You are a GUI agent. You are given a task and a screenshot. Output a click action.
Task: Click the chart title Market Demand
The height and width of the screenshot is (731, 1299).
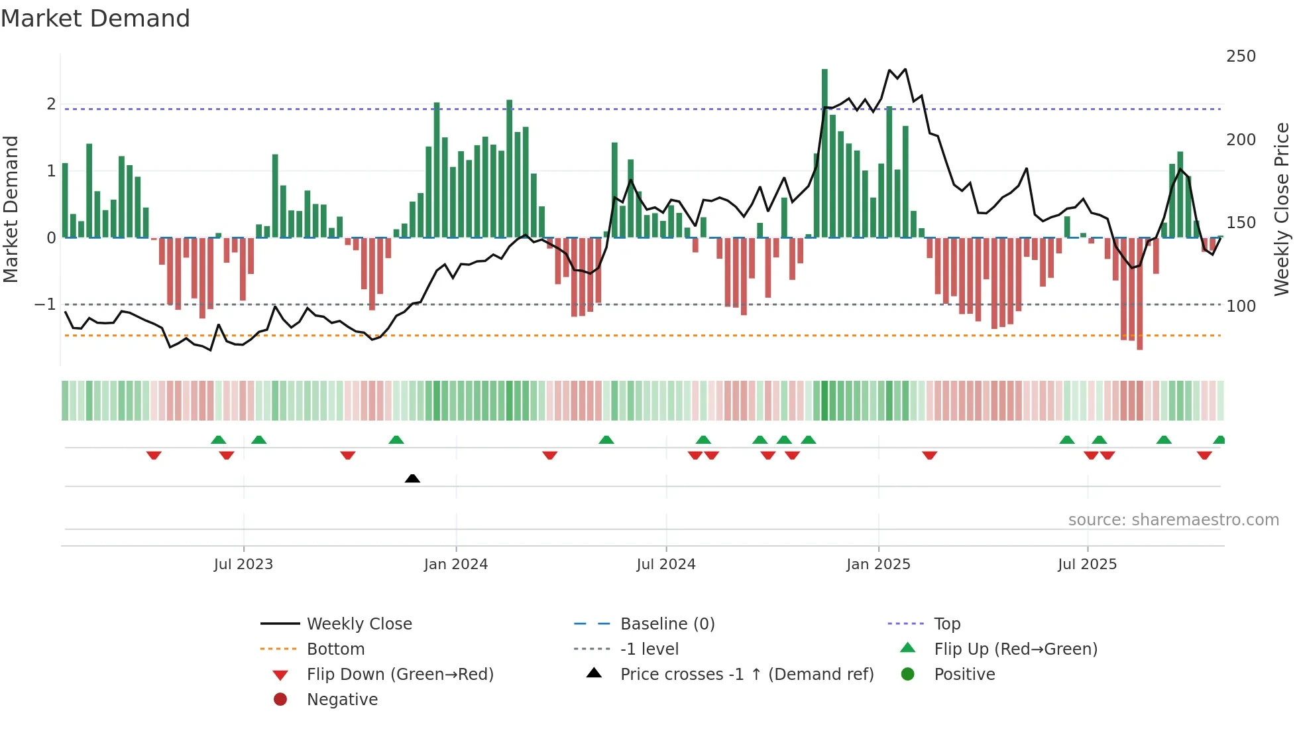(95, 19)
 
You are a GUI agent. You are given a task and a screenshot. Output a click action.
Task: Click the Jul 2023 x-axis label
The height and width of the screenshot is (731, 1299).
(243, 565)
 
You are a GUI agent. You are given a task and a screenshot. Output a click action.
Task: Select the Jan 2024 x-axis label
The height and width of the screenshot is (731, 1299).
(456, 565)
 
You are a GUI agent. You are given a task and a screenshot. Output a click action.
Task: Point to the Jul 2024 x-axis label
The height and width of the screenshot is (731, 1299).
(666, 565)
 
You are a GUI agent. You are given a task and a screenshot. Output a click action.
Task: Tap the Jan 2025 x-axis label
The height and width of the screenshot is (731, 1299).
(878, 565)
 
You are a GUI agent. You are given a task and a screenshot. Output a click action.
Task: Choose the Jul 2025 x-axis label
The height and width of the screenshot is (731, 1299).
(1087, 565)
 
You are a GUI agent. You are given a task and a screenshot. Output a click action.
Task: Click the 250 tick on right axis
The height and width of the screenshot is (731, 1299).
(1241, 56)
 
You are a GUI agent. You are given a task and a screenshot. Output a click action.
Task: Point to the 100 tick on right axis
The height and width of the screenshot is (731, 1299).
(1241, 306)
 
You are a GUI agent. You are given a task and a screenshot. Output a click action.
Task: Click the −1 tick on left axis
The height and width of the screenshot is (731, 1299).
(46, 304)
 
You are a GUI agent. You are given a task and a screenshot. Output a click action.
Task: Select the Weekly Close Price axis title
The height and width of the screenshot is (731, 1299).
(1282, 209)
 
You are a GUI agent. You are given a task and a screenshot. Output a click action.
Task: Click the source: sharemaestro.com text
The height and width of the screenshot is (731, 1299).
(1173, 520)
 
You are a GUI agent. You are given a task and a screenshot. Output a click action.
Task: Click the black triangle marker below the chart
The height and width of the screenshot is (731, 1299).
(412, 478)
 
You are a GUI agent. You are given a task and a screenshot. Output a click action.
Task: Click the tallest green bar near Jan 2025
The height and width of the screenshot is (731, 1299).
(824, 153)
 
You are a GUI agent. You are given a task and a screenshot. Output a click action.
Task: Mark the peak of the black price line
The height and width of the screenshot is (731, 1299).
(905, 69)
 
